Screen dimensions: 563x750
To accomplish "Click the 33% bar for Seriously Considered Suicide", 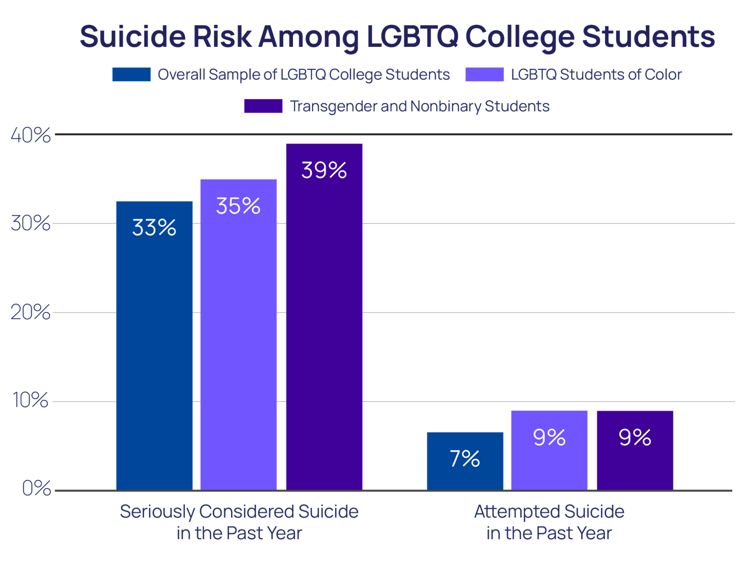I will point(154,346).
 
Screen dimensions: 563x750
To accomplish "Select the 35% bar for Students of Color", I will point(239,335).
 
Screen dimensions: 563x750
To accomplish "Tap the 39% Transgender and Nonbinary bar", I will point(324,317).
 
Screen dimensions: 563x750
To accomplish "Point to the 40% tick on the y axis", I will point(30,135).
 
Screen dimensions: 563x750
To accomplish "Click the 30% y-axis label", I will point(30,224).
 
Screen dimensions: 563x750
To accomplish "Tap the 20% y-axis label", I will point(30,312).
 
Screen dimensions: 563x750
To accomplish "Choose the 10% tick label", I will point(30,400).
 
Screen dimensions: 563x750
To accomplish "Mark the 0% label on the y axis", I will point(37,489).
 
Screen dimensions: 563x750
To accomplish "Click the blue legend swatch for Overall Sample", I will point(131,75).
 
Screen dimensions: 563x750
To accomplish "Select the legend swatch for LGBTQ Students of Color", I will point(485,75).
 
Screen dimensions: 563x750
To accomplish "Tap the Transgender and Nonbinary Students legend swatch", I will point(263,107).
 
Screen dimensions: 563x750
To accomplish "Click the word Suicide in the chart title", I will point(133,37).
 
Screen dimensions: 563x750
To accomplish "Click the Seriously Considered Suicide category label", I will point(239,522).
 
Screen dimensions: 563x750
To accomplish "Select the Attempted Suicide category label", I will point(549,522).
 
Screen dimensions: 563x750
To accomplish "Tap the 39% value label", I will point(324,170).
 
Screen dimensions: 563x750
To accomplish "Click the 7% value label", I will point(465,458).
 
